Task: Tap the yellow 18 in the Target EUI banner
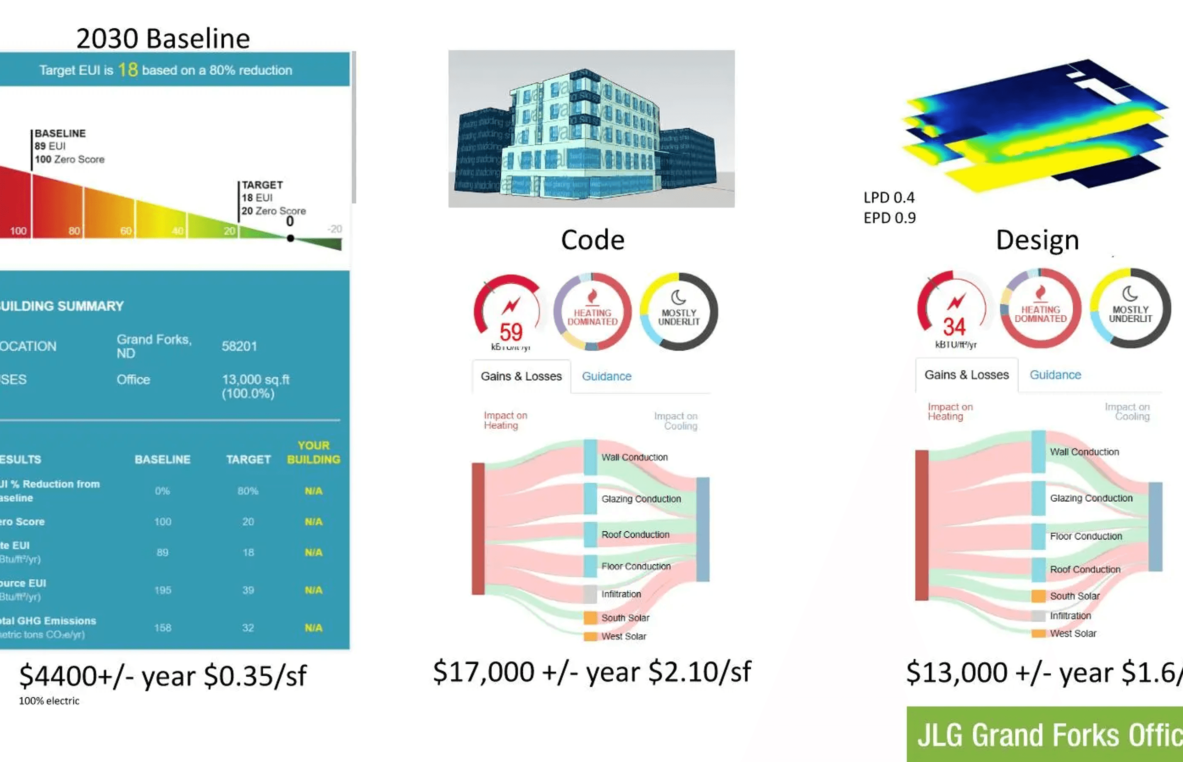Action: click(128, 70)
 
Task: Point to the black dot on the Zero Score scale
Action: click(290, 238)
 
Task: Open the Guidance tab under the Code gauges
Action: click(606, 376)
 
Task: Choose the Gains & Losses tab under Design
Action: click(966, 375)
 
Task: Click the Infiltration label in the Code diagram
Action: click(621, 594)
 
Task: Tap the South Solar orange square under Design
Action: click(1038, 596)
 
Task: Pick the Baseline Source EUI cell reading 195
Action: click(162, 590)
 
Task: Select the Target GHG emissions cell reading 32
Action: click(248, 628)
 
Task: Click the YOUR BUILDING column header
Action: click(313, 452)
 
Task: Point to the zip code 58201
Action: click(239, 347)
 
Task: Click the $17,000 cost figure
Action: click(483, 672)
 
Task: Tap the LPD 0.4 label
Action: click(889, 197)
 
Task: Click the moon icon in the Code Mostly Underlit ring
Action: click(678, 297)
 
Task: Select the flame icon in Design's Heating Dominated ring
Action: click(1040, 293)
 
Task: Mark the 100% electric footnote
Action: click(49, 701)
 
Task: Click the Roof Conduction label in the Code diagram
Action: click(635, 535)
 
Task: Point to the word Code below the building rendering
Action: click(592, 240)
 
